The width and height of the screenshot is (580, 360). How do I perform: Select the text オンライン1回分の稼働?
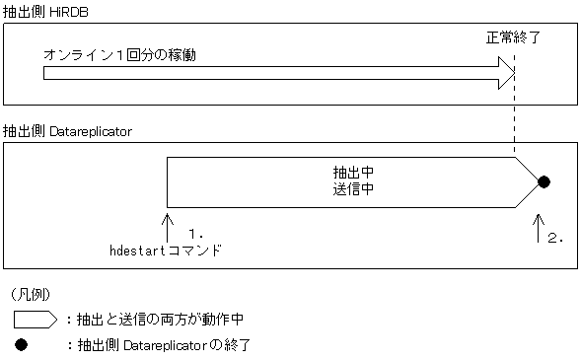119,55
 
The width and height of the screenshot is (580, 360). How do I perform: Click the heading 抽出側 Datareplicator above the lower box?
67,130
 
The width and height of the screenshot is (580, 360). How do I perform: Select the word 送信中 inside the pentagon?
352,186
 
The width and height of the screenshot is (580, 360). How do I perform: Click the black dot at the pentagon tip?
543,181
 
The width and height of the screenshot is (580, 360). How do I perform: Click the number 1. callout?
195,235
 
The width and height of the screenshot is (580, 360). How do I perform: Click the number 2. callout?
555,238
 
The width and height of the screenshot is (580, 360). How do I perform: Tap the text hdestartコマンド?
165,252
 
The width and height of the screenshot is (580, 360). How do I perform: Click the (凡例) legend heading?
33,294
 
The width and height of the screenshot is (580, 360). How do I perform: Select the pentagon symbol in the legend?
36,319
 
